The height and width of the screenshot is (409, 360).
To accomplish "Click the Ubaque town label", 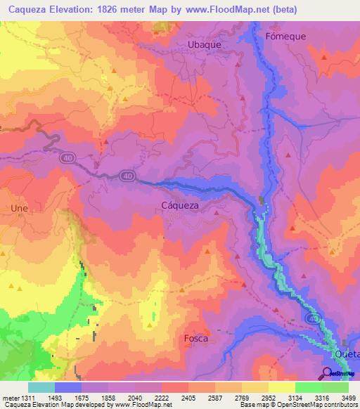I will (205, 44).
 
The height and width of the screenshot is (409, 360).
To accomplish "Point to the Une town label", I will (18, 209).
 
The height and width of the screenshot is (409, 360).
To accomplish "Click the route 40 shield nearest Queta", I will (312, 319).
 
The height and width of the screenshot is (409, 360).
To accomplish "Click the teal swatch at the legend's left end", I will (41, 387).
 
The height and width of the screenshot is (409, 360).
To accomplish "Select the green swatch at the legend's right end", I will (335, 387).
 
